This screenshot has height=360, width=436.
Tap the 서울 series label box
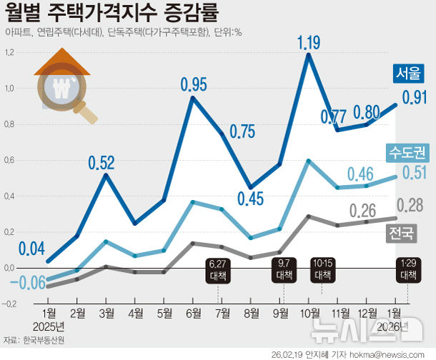(408, 74)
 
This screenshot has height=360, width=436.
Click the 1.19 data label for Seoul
(308, 43)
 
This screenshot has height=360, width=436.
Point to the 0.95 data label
(193, 84)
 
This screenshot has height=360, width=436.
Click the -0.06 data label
(27, 283)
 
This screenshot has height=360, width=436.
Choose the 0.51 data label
(414, 172)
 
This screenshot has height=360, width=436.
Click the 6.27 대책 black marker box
(219, 269)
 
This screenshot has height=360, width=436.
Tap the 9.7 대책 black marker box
(283, 269)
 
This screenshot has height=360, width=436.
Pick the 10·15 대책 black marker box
(322, 269)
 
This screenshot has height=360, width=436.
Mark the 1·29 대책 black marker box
(408, 269)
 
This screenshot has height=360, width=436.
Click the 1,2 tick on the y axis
(10, 53)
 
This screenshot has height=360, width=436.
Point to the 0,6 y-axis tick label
(10, 160)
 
